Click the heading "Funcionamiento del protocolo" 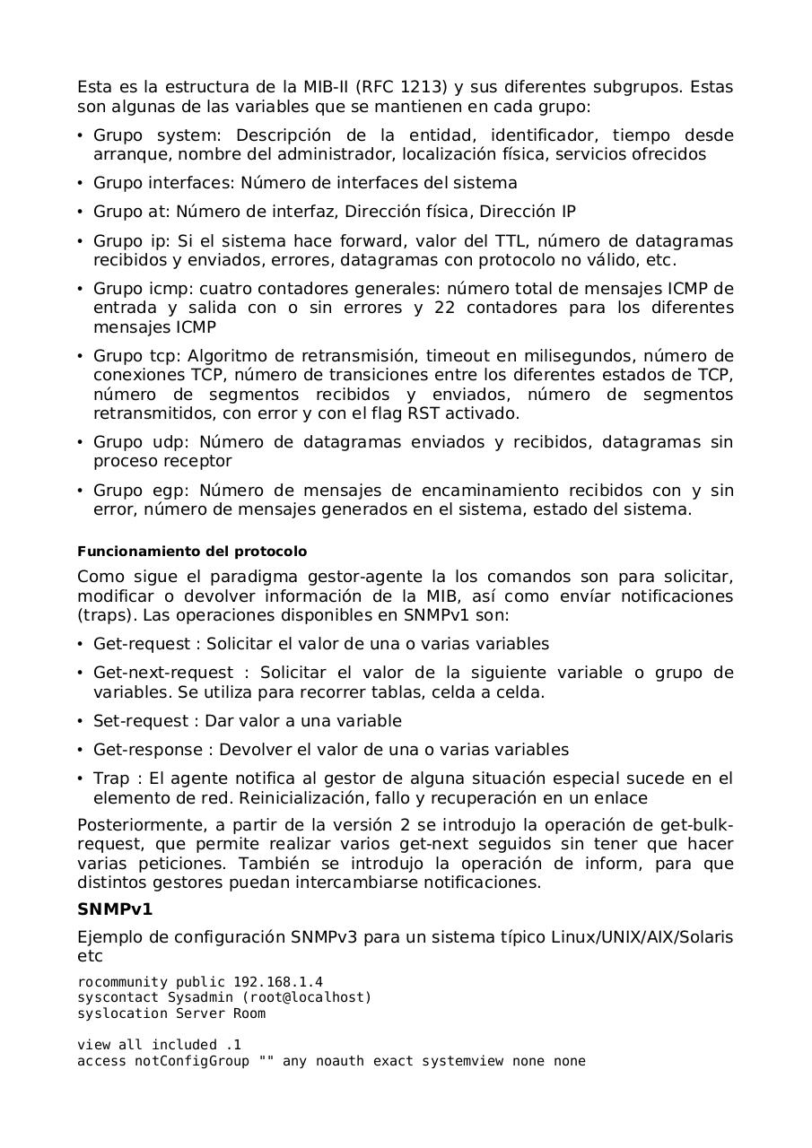click(x=192, y=552)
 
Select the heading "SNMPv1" click(x=115, y=909)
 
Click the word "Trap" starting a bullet click(x=111, y=778)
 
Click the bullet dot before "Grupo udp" click(x=81, y=442)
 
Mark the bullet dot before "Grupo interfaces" click(x=81, y=183)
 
